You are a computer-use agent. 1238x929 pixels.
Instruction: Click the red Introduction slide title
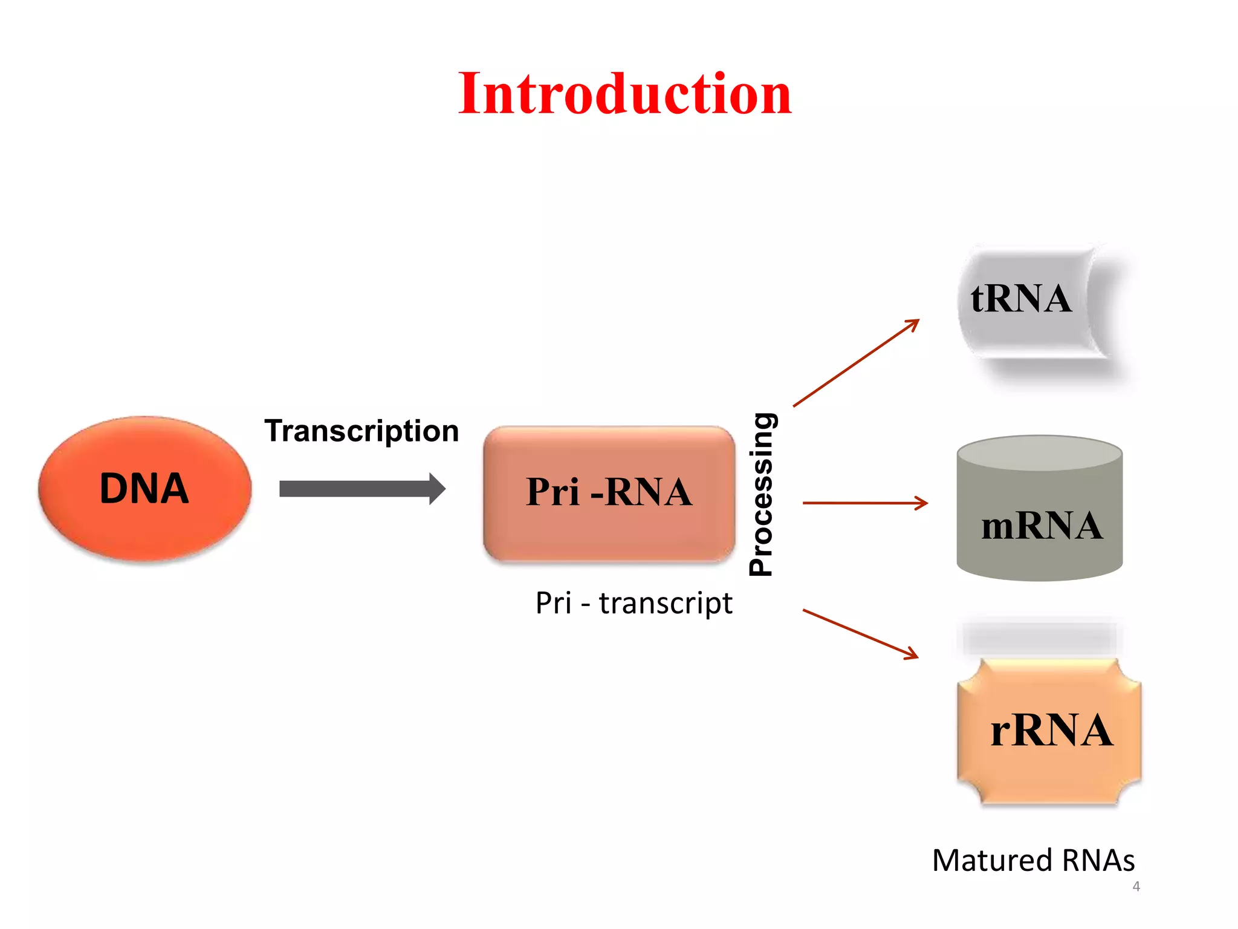click(x=624, y=94)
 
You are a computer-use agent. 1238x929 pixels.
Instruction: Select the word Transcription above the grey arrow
click(x=361, y=431)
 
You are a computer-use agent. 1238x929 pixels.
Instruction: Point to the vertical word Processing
click(x=761, y=494)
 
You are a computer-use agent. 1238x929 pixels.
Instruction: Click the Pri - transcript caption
click(x=634, y=603)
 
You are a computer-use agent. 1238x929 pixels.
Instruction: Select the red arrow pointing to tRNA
click(x=856, y=363)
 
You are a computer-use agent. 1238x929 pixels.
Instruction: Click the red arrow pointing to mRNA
click(x=865, y=503)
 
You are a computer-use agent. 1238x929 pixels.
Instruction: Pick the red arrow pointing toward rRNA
click(x=860, y=634)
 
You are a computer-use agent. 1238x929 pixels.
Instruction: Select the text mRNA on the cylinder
click(x=1042, y=526)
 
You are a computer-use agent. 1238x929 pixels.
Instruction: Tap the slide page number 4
click(x=1136, y=887)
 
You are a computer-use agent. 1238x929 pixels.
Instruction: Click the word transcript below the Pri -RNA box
click(x=666, y=603)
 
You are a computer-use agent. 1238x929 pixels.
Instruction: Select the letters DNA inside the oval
click(x=144, y=488)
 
